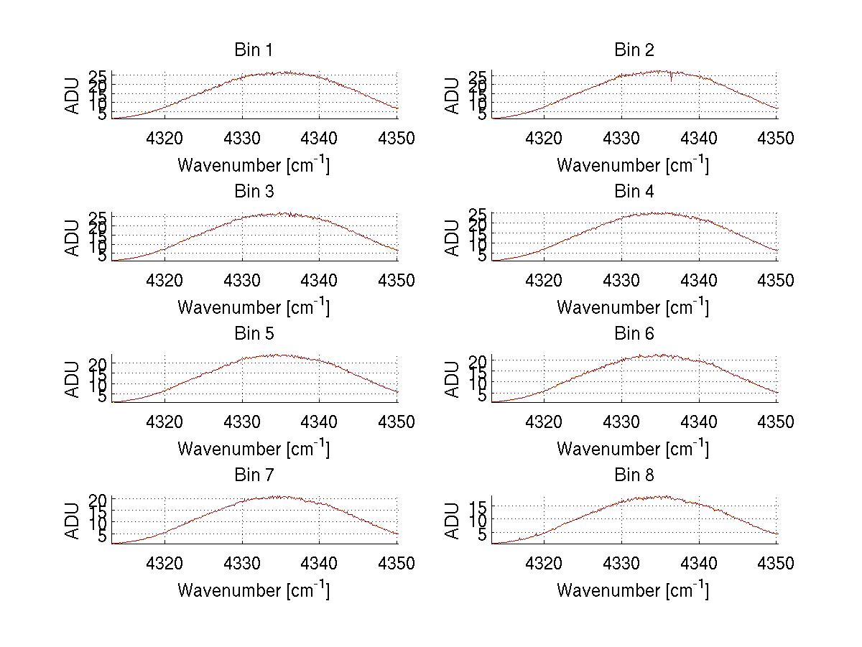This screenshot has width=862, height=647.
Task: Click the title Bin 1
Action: tap(254, 50)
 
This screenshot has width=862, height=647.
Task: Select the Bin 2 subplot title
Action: tap(634, 50)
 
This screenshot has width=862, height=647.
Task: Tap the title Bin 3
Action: tap(254, 192)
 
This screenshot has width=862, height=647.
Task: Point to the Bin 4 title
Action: tap(634, 192)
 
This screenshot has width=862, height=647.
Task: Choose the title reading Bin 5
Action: tap(254, 333)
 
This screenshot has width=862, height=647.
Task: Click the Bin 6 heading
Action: tap(634, 333)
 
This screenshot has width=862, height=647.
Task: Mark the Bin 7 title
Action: tap(254, 475)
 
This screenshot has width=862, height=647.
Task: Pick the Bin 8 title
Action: tap(634, 475)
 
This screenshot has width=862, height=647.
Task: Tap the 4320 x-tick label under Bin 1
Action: tap(165, 139)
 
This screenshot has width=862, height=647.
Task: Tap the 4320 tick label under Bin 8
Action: tap(544, 564)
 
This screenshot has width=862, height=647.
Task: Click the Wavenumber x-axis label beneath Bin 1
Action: tap(254, 165)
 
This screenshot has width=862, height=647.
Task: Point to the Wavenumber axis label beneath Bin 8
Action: tap(633, 590)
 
